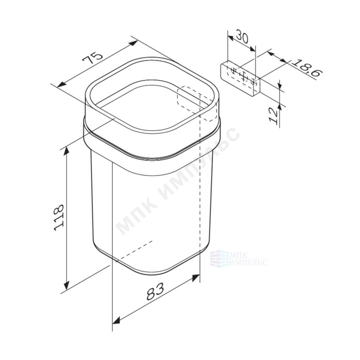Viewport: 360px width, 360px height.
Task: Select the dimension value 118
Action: (59, 217)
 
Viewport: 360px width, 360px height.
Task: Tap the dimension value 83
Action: (156, 291)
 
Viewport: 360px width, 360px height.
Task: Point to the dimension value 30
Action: (242, 36)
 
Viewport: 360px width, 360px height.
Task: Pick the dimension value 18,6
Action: (308, 68)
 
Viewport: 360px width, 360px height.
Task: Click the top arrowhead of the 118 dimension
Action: (66, 151)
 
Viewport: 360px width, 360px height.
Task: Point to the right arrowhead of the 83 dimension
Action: (196, 278)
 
